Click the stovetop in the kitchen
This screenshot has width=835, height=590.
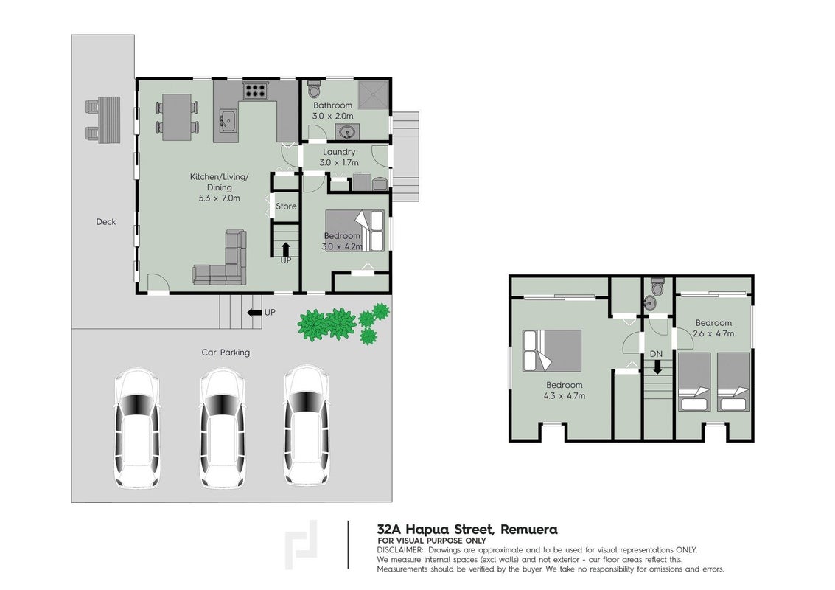[255, 90]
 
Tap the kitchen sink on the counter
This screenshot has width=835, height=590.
[228, 120]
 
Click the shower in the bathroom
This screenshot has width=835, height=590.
[373, 95]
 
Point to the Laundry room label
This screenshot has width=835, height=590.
[339, 152]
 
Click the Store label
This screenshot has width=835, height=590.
[286, 206]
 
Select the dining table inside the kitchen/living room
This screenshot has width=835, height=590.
[177, 117]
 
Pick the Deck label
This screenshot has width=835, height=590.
[106, 222]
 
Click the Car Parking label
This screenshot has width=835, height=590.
[226, 353]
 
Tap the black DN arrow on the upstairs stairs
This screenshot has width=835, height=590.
[657, 367]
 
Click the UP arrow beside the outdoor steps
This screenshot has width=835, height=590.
[253, 312]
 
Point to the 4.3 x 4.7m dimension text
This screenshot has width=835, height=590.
[565, 396]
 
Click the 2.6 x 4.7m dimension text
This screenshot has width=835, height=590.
[713, 333]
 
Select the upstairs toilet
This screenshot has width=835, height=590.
[657, 287]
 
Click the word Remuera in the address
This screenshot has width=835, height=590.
[529, 530]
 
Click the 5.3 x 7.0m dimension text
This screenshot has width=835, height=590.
[220, 198]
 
